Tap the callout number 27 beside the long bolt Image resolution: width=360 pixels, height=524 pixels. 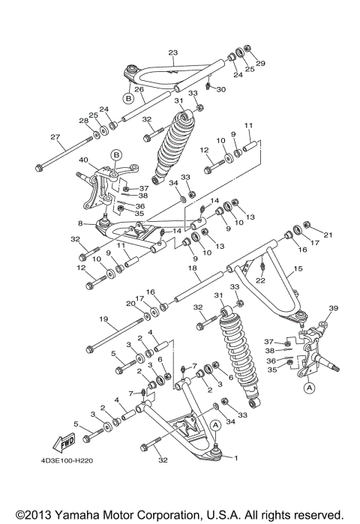pos(55,136)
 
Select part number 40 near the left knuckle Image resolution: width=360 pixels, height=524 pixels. pos(83,160)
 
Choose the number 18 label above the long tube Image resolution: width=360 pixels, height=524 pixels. pos(192,268)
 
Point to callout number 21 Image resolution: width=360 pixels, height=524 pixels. pos(326,235)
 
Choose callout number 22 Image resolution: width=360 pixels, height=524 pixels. pos(260,280)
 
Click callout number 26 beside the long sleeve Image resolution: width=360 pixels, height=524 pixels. pos(139,89)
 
